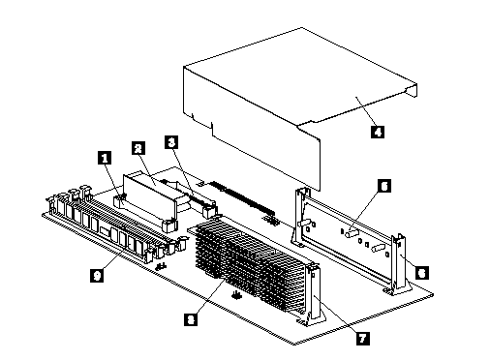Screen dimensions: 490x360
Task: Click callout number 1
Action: tap(105, 158)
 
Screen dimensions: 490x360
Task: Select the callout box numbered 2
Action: tap(138, 148)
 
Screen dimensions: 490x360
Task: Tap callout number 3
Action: tap(171, 142)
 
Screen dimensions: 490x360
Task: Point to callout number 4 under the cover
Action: tap(378, 132)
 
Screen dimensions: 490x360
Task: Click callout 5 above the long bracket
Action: tap(384, 186)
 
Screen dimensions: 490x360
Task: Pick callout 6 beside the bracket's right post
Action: tap(422, 273)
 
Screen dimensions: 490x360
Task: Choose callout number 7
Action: tap(363, 339)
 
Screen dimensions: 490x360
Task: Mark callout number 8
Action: tap(191, 319)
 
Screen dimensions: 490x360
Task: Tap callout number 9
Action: tap(97, 276)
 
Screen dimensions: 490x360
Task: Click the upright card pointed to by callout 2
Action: tap(150, 196)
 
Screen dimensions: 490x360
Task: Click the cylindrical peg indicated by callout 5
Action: tap(352, 233)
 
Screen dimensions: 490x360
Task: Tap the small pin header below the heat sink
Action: tap(236, 295)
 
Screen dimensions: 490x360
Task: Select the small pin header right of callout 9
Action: tap(161, 266)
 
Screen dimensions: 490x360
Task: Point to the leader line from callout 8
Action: tap(210, 296)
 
